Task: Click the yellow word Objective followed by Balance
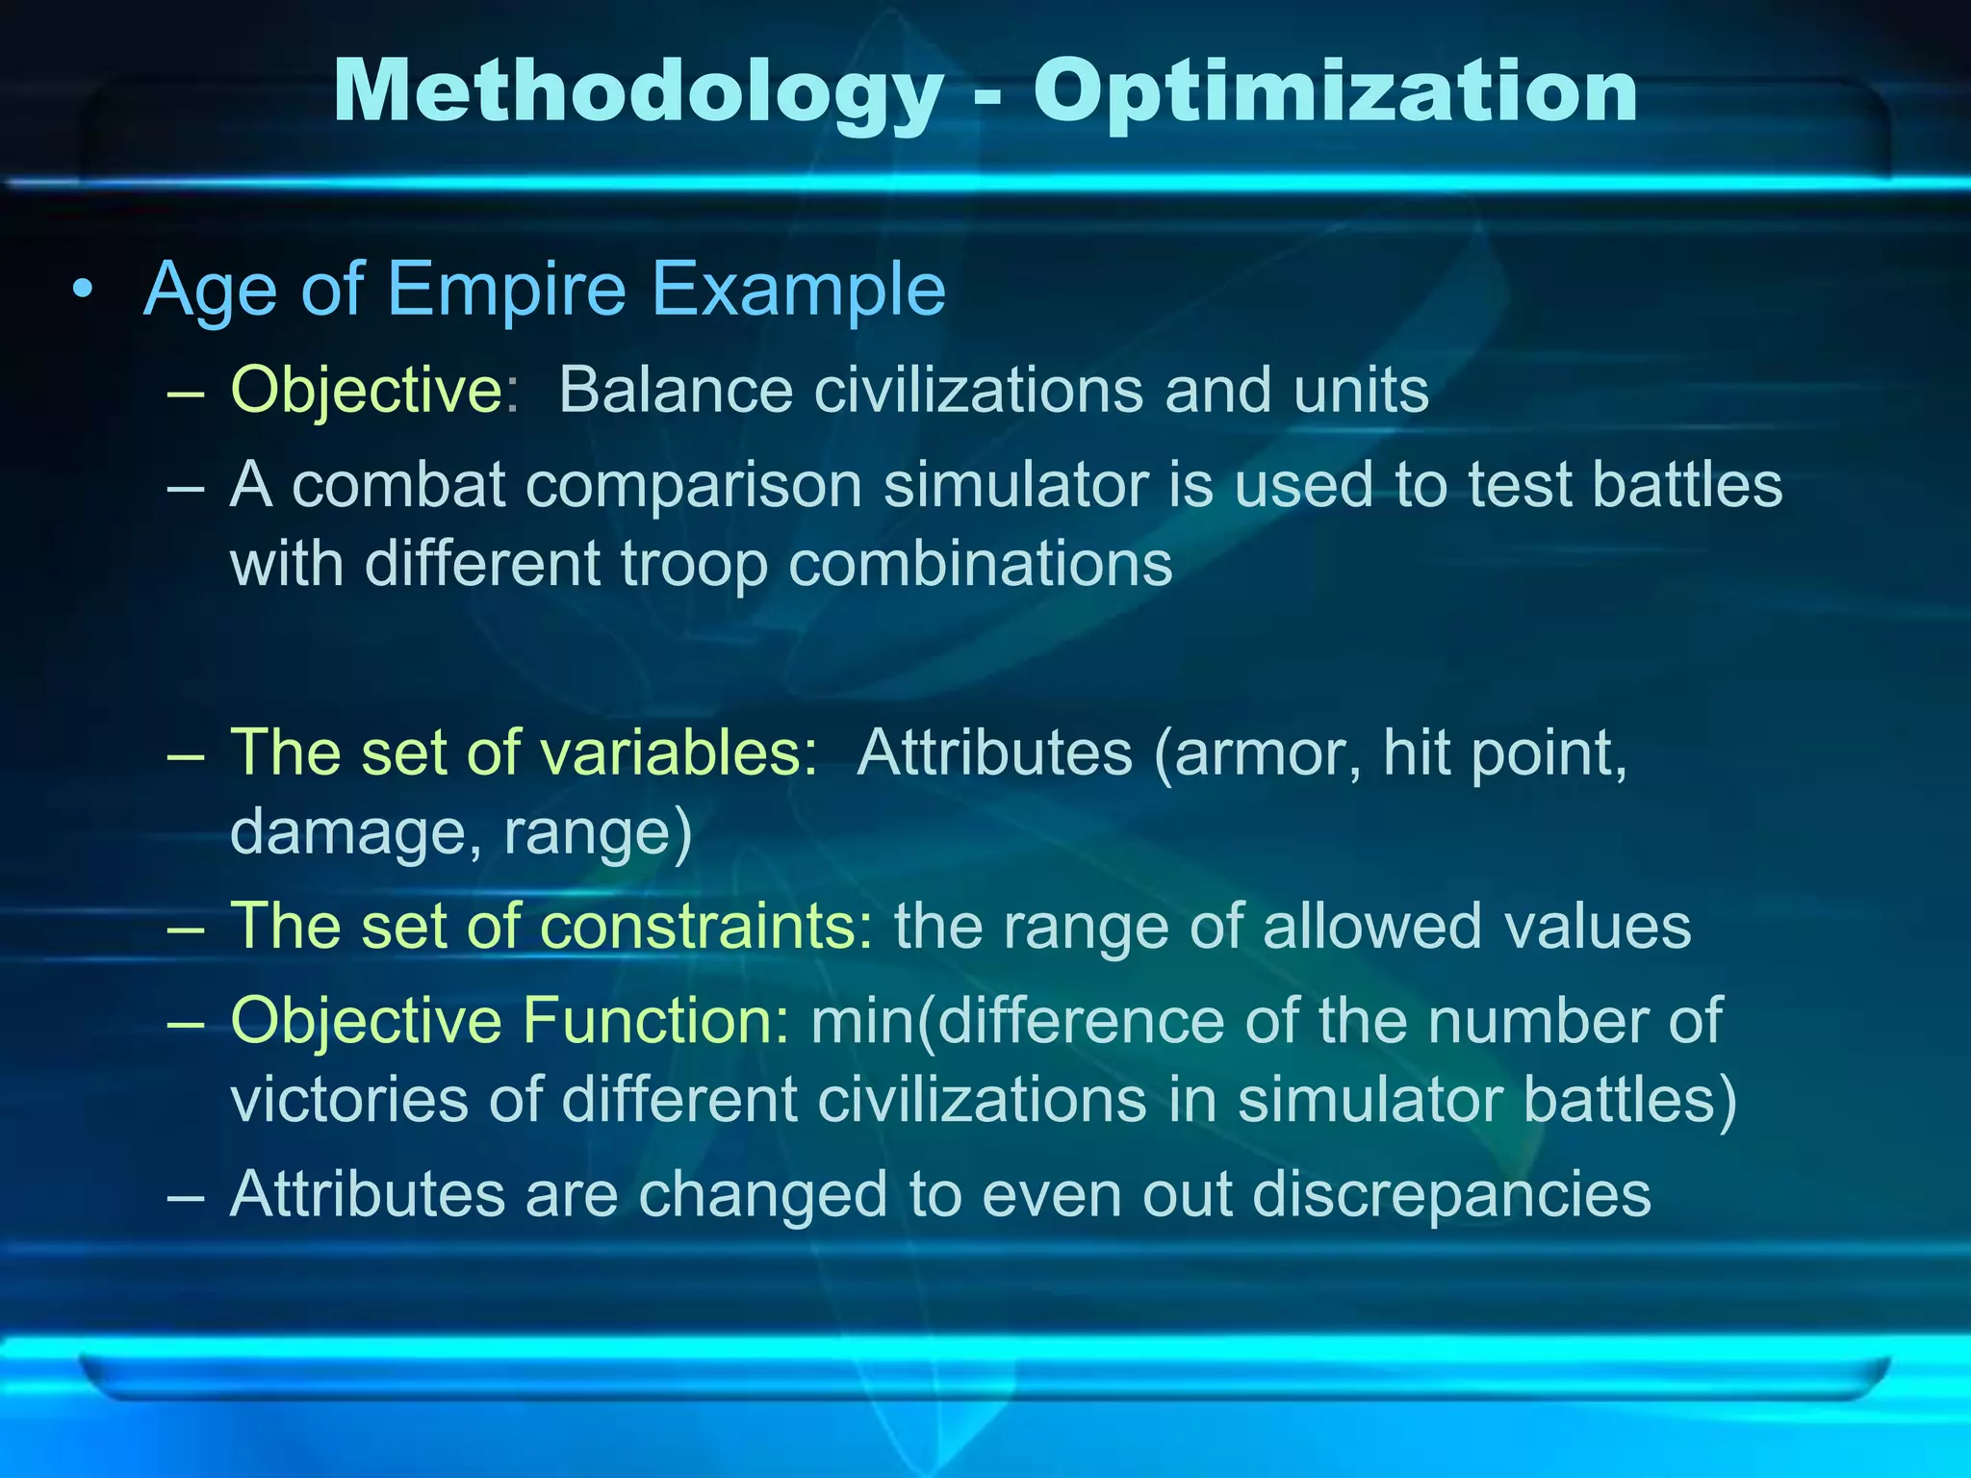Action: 366,391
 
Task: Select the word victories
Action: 349,1099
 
